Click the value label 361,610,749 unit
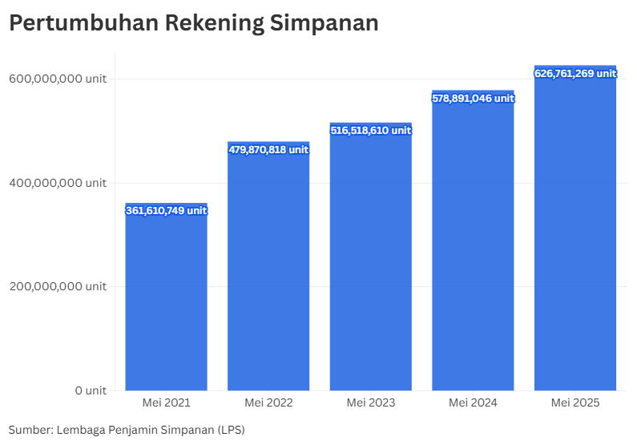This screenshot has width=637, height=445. coord(166,211)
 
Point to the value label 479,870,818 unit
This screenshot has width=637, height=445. coord(268,149)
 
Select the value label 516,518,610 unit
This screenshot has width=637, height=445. coord(370,130)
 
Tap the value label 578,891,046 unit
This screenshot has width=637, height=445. coord(473,98)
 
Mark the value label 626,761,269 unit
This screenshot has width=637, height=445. coord(575,73)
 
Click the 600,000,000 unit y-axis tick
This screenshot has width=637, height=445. coord(57,79)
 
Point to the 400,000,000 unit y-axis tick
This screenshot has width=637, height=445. coord(57,183)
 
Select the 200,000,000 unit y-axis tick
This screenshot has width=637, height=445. coord(57,286)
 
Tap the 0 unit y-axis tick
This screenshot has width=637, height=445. coord(91,390)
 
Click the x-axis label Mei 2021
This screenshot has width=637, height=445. coord(166,403)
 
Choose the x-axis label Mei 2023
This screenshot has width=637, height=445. coord(370,403)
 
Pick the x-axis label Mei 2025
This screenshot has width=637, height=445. coord(575,403)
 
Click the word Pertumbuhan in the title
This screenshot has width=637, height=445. coord(83,23)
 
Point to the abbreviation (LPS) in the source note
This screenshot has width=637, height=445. coord(231,430)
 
